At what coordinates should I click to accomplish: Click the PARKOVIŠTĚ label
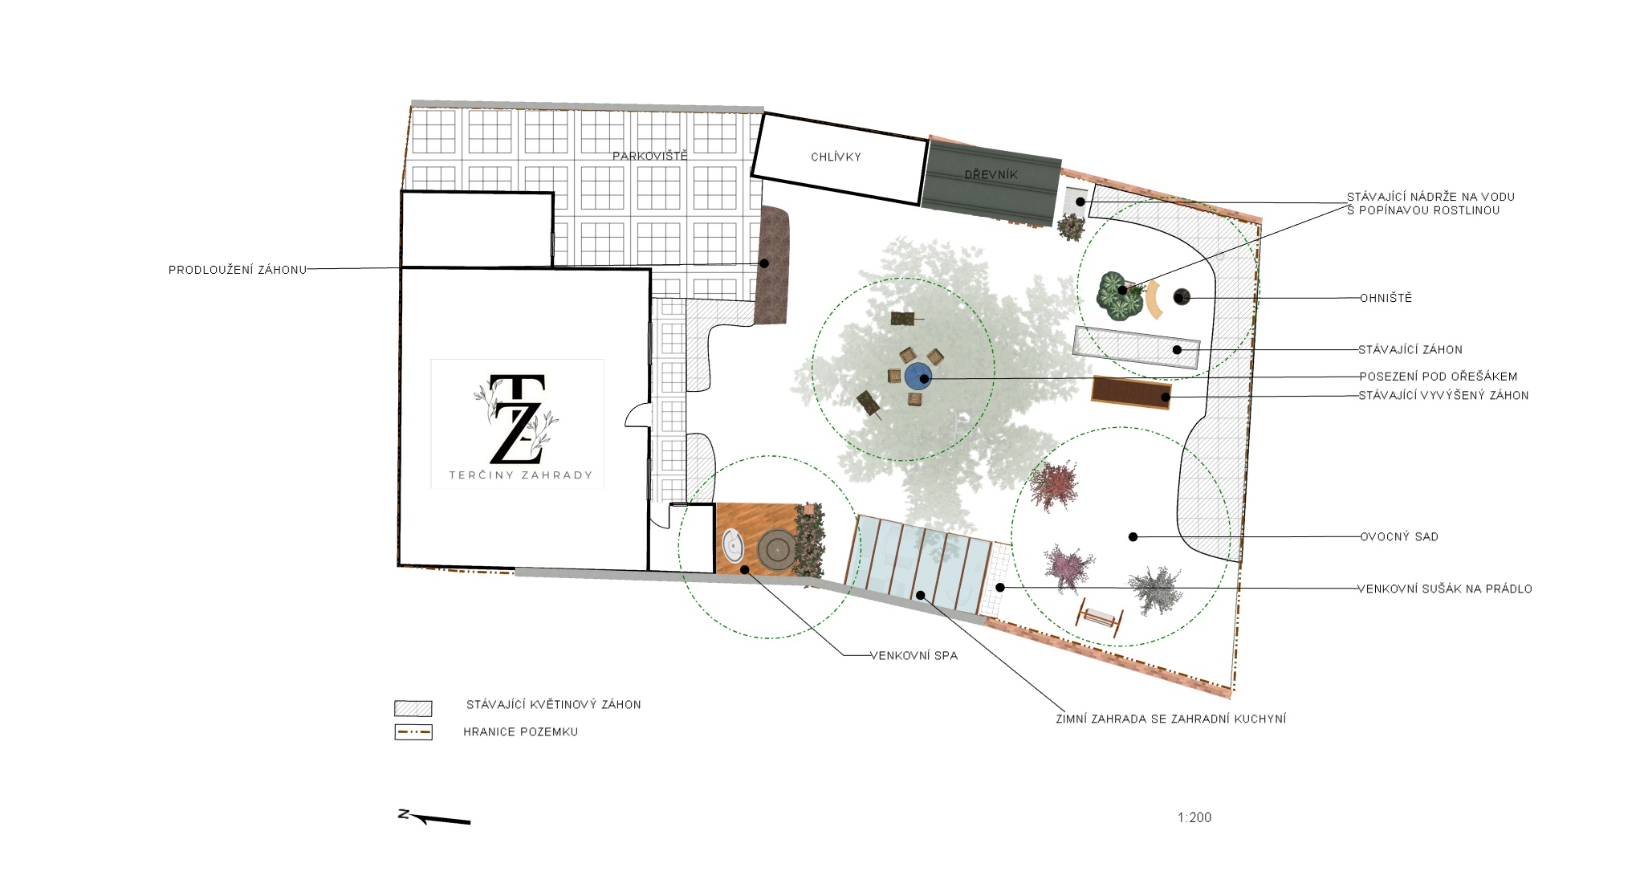click(x=649, y=156)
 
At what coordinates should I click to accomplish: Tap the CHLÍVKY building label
click(x=836, y=157)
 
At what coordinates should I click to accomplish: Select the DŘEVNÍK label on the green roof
click(x=991, y=174)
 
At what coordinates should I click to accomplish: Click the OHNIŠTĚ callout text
click(x=1386, y=298)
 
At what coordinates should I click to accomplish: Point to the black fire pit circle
click(x=1181, y=297)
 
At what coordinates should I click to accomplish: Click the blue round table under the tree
click(x=918, y=376)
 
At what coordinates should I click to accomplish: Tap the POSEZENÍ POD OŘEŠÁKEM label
click(x=1438, y=376)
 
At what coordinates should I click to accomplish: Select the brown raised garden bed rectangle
click(x=1131, y=392)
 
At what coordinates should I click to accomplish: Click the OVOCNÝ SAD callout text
click(x=1398, y=536)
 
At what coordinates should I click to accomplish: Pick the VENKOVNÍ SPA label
click(x=914, y=655)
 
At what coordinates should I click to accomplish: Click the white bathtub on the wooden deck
click(x=733, y=546)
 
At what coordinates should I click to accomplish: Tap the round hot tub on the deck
click(x=777, y=550)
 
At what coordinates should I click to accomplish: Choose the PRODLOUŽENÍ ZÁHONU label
click(x=238, y=270)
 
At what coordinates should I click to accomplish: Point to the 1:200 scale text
click(x=1194, y=817)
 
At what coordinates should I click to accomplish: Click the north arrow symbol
click(x=434, y=817)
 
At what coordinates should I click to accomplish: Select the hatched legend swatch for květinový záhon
click(x=413, y=708)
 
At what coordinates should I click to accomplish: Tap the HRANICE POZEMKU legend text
click(x=520, y=731)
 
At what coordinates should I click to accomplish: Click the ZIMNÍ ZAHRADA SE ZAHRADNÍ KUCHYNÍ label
click(x=1170, y=719)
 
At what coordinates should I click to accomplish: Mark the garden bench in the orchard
click(x=1101, y=617)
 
